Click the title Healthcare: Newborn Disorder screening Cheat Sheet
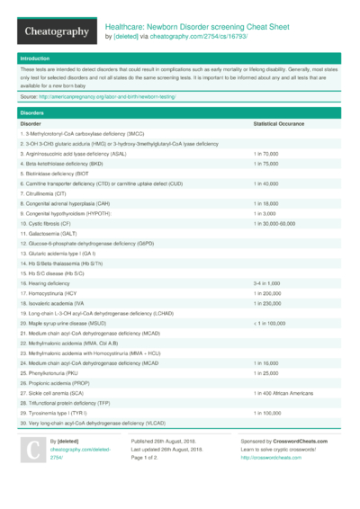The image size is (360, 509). pos(195,27)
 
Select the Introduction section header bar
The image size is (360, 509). pos(180,58)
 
